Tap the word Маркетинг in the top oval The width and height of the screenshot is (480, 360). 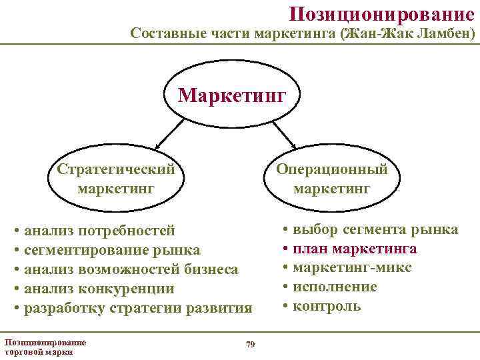(231, 95)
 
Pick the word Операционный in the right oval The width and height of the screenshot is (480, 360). (332, 169)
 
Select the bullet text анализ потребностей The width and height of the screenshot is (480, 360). (99, 231)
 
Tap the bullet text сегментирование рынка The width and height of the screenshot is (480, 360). (111, 250)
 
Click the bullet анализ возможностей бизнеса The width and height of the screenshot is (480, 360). (131, 269)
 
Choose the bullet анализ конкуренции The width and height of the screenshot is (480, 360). (99, 289)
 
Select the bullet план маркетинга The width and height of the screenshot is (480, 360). (355, 249)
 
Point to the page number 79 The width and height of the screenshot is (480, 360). (250, 344)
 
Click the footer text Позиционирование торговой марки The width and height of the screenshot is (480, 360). (45, 347)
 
